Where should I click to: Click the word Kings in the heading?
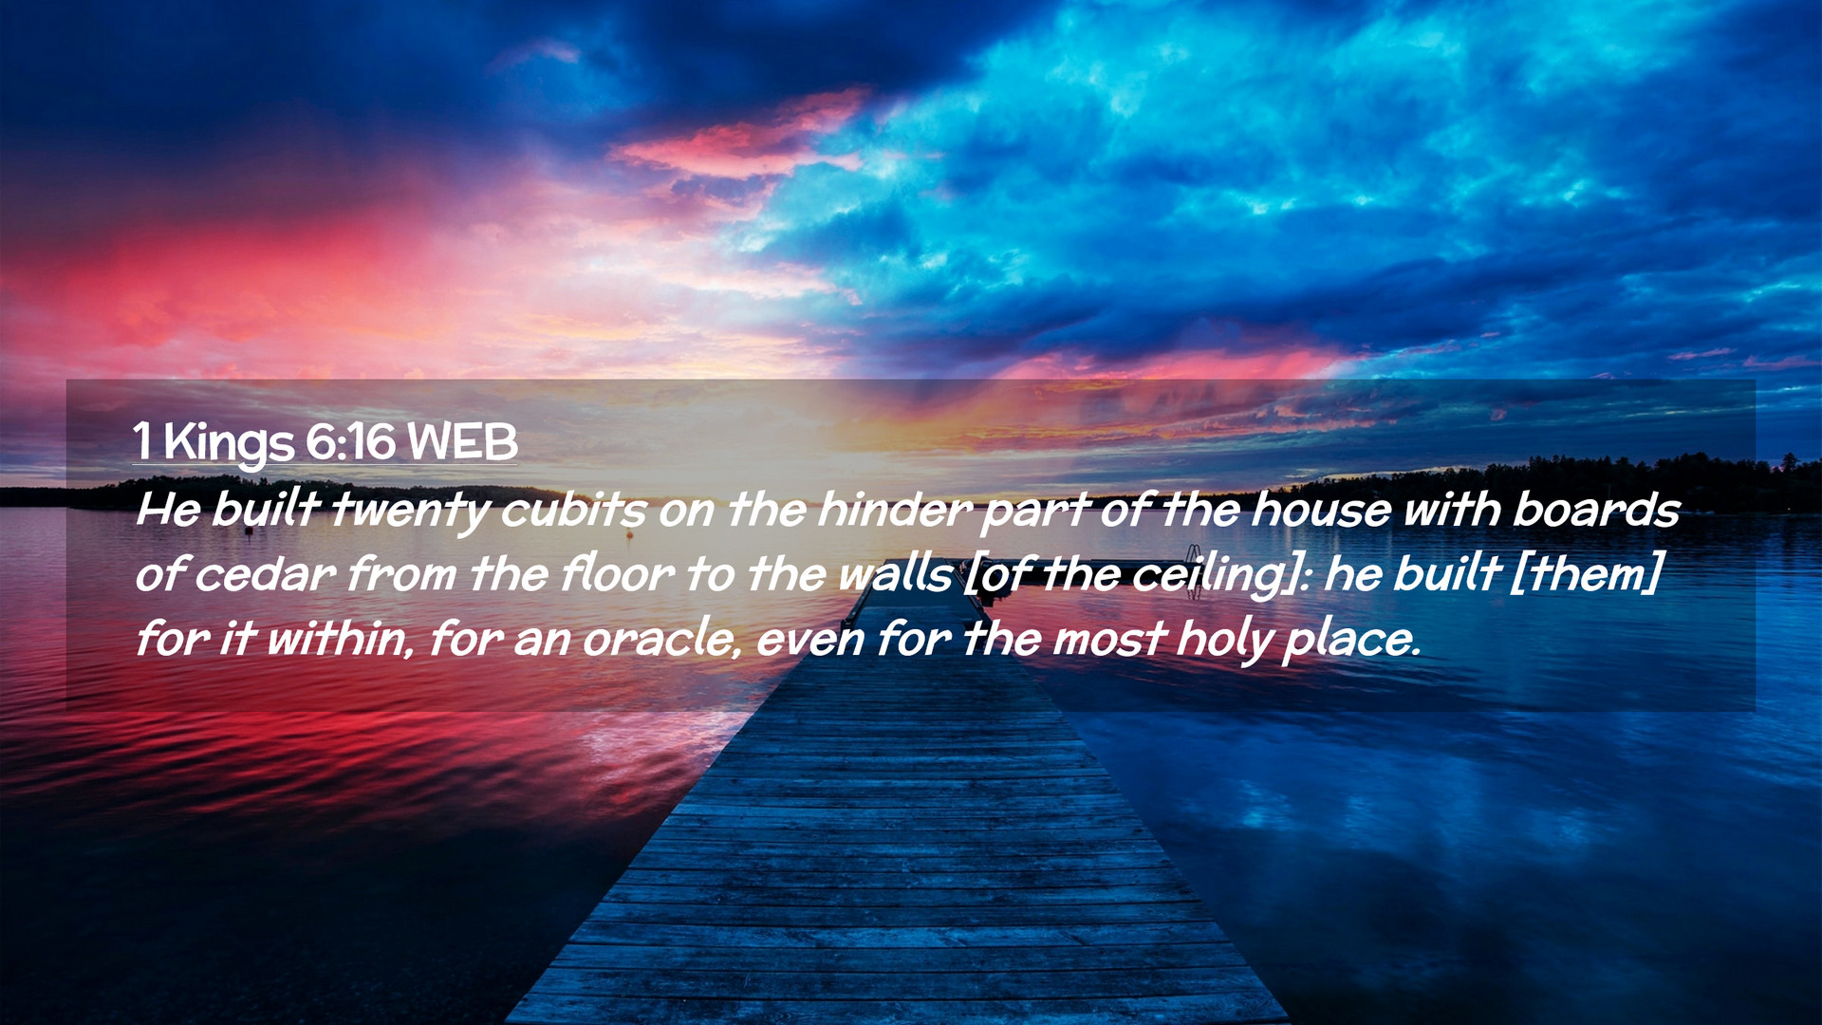pos(229,444)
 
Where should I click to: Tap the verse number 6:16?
pos(350,441)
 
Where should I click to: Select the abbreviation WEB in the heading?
pos(462,441)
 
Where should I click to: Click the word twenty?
pos(409,512)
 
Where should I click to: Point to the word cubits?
pos(573,510)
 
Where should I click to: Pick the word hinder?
pos(894,510)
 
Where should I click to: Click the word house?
pos(1320,510)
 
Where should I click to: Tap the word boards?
pos(1595,510)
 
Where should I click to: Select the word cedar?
pos(265,573)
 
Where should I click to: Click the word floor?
pos(617,573)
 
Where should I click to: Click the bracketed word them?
pos(1585,573)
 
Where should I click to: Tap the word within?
pos(339,638)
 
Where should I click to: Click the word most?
pos(1108,638)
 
